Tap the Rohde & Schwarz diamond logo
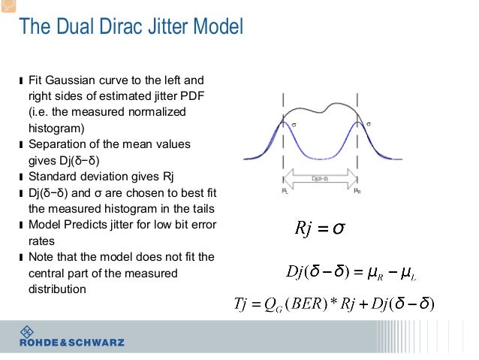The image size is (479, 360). tap(28, 331)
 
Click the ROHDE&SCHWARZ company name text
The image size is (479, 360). tap(72, 343)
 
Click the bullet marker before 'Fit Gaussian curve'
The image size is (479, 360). tap(21, 80)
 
